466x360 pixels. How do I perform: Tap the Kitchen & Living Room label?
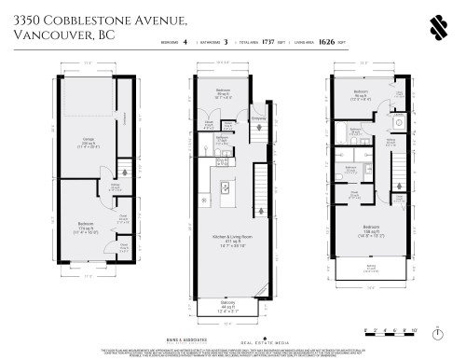[x=222, y=241]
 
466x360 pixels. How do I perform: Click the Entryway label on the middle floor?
[x=258, y=118]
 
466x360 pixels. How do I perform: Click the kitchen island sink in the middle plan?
[x=224, y=187]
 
